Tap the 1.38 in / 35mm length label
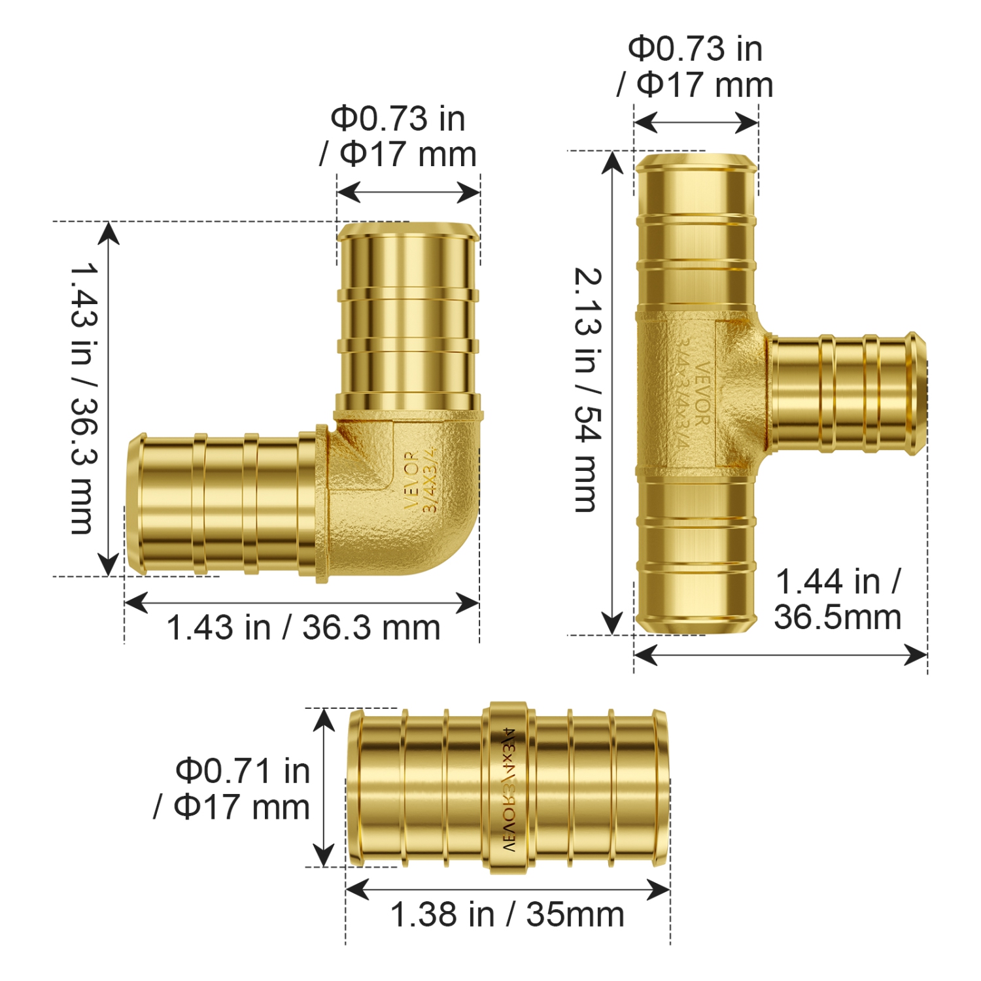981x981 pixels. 507,914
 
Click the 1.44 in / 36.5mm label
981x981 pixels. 838,599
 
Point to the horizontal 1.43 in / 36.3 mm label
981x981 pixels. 303,628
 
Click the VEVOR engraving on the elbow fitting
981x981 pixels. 411,481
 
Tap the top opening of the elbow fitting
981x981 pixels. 408,230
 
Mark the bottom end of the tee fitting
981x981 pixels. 696,621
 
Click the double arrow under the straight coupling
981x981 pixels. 508,889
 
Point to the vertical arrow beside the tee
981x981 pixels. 612,392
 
